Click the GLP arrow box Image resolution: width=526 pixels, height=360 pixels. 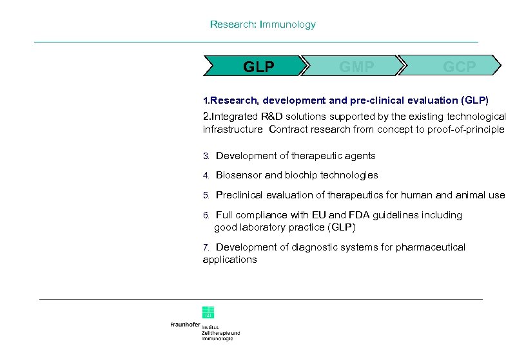click(x=257, y=66)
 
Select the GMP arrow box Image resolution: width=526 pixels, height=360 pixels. click(x=356, y=66)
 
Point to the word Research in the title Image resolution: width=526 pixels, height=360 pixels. click(x=233, y=24)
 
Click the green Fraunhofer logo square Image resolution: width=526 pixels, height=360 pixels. click(x=208, y=312)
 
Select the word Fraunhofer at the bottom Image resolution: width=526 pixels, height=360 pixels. click(x=185, y=325)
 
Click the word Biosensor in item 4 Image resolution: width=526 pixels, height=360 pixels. click(x=239, y=175)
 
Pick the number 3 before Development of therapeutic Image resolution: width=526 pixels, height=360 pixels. click(x=206, y=156)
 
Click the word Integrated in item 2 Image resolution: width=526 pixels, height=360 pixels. click(x=233, y=117)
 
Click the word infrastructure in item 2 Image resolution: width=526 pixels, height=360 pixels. click(x=232, y=129)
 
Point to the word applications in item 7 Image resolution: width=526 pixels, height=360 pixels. click(x=229, y=260)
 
